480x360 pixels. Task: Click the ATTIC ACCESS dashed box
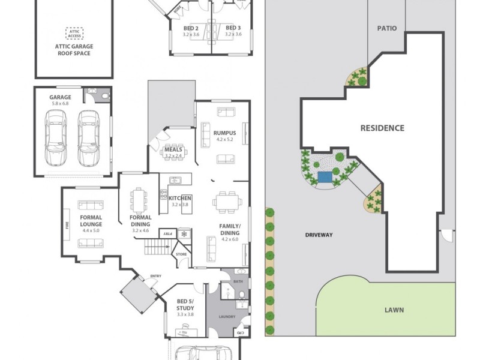[75, 33]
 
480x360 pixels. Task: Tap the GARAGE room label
[60, 97]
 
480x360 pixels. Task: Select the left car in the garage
[56, 137]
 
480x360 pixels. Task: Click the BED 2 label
[191, 28]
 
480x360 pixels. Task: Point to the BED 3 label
[233, 28]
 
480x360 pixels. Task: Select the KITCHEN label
[180, 198]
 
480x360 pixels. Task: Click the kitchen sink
[175, 179]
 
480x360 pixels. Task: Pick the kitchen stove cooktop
[163, 194]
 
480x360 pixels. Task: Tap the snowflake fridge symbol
[184, 233]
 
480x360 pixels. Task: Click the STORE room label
[181, 254]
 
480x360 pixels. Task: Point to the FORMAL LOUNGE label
[91, 221]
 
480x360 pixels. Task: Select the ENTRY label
[155, 276]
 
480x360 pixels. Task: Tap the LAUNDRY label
[227, 317]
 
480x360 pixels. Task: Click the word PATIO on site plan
[387, 28]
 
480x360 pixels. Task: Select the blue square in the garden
[325, 177]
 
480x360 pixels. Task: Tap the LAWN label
[394, 310]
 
